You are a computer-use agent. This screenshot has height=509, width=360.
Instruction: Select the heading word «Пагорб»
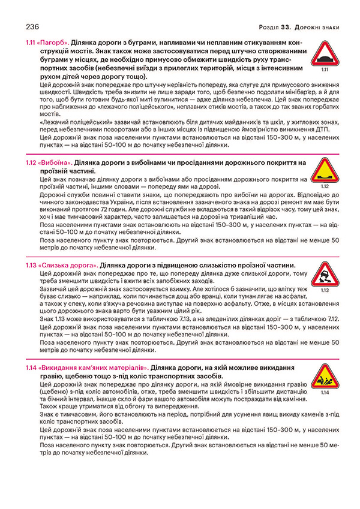53,44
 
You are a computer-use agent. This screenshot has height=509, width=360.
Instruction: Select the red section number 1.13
31,264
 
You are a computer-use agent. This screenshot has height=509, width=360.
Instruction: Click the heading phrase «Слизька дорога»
68,264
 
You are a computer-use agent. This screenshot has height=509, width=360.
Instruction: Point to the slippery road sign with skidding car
324,274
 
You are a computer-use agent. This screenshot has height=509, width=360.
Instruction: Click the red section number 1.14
31,366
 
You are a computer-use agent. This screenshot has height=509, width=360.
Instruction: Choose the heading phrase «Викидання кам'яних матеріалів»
93,366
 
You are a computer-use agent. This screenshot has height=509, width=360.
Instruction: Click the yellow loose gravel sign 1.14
324,376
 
